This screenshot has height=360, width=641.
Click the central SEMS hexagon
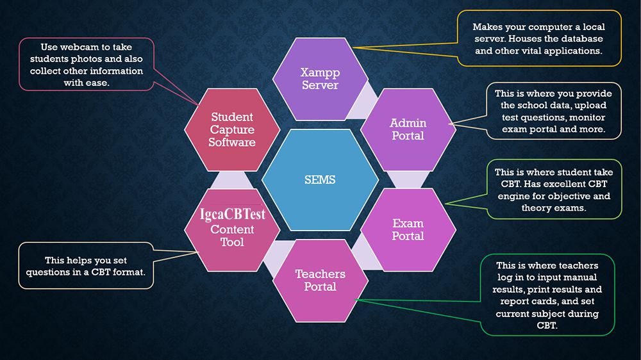coord(320,180)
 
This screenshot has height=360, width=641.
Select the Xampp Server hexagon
coord(320,78)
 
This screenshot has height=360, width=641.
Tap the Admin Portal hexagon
coord(408,129)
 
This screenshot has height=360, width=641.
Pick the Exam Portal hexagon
coord(408,229)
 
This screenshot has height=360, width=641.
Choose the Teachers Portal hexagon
coord(320,280)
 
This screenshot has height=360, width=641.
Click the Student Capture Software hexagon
coord(231,129)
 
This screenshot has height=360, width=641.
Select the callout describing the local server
coord(538,38)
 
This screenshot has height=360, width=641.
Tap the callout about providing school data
coord(553,111)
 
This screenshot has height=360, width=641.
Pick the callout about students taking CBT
coord(555,190)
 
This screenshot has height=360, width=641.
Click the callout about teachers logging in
coord(547,295)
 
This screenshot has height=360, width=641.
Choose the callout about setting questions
coord(86,265)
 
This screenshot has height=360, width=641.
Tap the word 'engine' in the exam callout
coord(514,196)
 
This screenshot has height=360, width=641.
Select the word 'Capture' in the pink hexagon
coord(232,129)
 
